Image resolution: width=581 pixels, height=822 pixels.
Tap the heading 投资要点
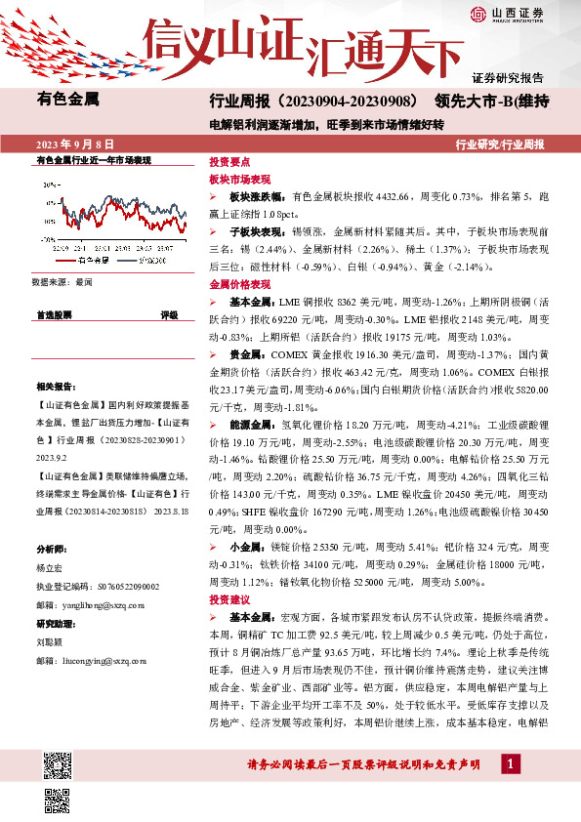coord(230,164)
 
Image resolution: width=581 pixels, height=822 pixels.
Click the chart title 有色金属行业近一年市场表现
coord(94,159)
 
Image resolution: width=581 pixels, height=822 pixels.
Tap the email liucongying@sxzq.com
coord(94,661)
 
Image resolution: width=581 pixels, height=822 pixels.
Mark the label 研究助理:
coord(54,624)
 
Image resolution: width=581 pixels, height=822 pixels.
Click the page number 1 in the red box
coord(508,762)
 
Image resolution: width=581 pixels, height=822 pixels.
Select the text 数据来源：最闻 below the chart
coord(62,281)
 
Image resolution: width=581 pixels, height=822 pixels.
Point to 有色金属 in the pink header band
coord(68,99)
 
